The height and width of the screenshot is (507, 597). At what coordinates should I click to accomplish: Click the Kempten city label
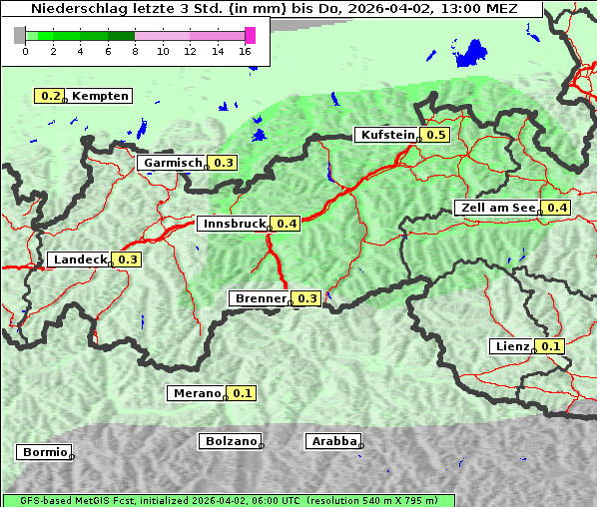(x=100, y=96)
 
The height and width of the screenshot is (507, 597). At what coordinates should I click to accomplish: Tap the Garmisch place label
(x=172, y=163)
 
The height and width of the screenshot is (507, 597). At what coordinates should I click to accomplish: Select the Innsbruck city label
(x=234, y=224)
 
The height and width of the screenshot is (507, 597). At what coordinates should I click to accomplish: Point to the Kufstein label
(x=386, y=135)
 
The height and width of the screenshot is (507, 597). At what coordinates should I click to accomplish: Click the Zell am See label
(x=496, y=208)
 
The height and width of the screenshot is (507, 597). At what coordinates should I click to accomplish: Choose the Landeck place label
(x=80, y=259)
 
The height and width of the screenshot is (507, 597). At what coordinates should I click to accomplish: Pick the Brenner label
(x=260, y=298)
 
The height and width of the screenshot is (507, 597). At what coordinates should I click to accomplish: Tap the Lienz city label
(x=512, y=346)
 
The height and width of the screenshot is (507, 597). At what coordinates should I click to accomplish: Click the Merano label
(x=196, y=393)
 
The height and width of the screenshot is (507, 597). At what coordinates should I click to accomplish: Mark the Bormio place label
(x=44, y=452)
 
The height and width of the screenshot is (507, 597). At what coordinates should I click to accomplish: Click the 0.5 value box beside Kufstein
(x=435, y=135)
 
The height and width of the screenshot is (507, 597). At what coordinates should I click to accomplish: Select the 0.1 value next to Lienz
(x=551, y=346)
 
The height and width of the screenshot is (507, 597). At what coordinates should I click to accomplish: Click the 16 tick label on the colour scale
(x=246, y=52)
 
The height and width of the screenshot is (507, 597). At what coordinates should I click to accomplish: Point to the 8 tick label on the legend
(x=135, y=52)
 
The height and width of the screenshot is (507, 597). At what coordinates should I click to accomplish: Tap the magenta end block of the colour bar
(x=250, y=35)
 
